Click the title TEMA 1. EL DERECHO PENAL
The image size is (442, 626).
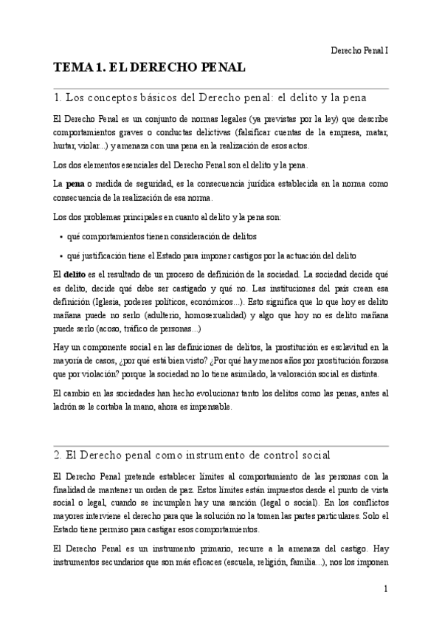[x=148, y=68]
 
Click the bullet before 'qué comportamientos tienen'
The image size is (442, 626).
[x=59, y=236]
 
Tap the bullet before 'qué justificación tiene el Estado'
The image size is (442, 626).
[x=59, y=255]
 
